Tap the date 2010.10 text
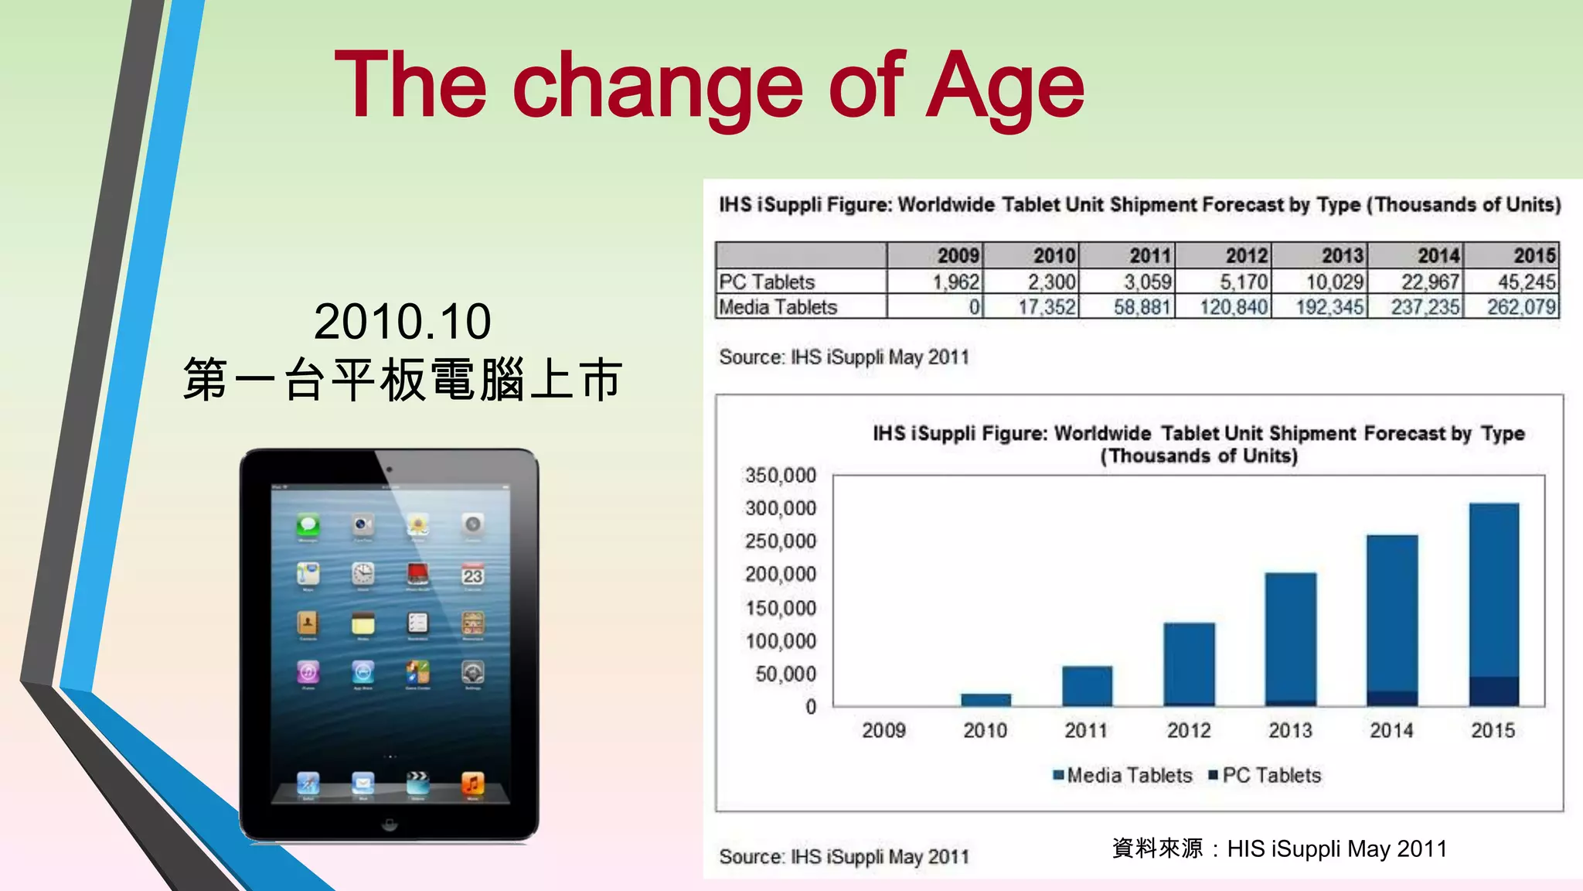pyautogui.click(x=402, y=322)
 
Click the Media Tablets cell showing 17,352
pyautogui.click(x=1046, y=307)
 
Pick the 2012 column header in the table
pyautogui.click(x=1245, y=256)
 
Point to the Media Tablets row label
pyautogui.click(x=778, y=307)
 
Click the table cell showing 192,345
pyautogui.click(x=1329, y=307)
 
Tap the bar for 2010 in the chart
pyautogui.click(x=986, y=699)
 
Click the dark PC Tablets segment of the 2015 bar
pyautogui.click(x=1493, y=691)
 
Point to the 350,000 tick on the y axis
pyautogui.click(x=780, y=475)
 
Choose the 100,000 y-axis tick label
pyautogui.click(x=780, y=640)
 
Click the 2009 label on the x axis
pyautogui.click(x=883, y=730)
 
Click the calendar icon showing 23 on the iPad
pyautogui.click(x=472, y=575)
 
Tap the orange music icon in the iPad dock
pyautogui.click(x=472, y=783)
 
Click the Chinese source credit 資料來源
pyautogui.click(x=1157, y=848)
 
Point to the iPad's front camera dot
pyautogui.click(x=390, y=469)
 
